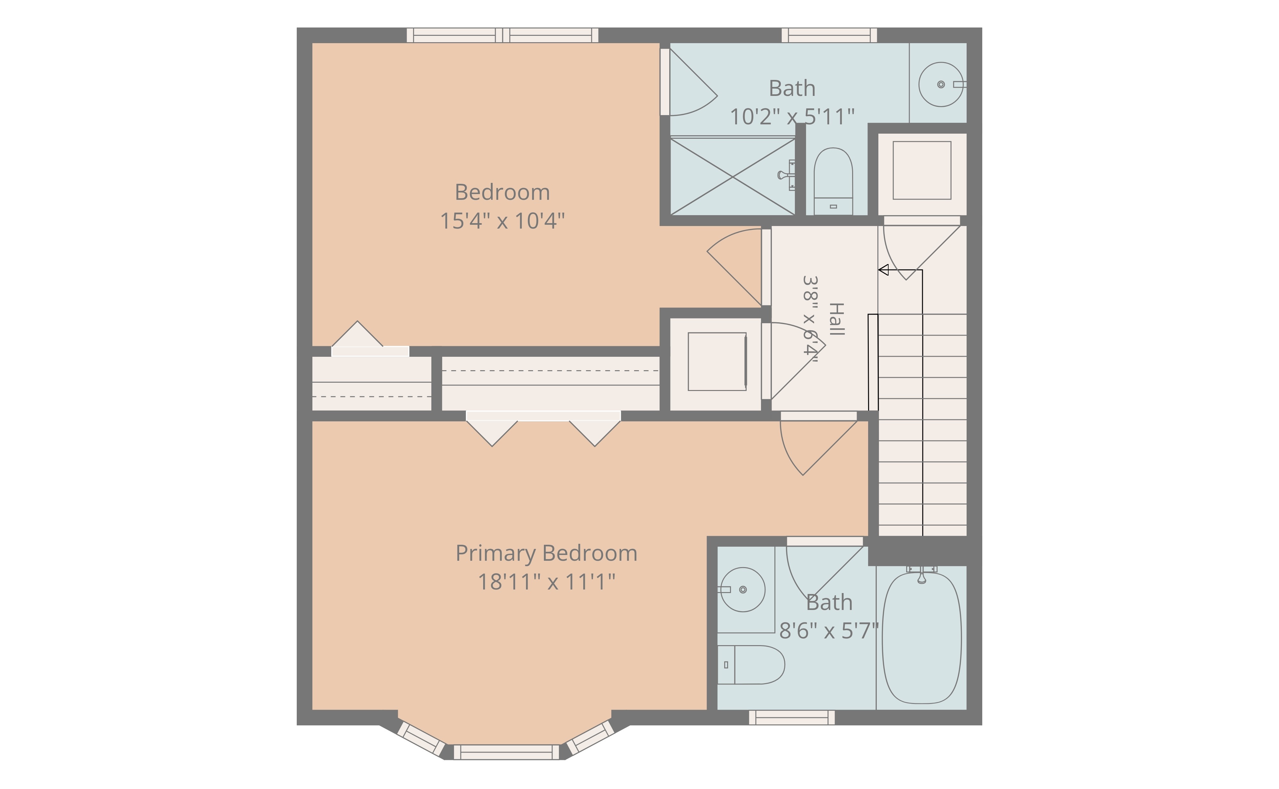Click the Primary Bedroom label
click(x=546, y=554)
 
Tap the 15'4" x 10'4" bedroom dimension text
click(x=503, y=221)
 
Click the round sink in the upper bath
click(x=941, y=84)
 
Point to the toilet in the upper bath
click(x=833, y=181)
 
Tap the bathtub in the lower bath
click(x=922, y=638)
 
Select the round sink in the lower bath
click(x=742, y=590)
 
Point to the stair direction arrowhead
click(x=883, y=270)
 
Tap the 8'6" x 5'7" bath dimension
click(x=829, y=631)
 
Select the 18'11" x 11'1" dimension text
click(x=546, y=582)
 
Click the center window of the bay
click(x=506, y=752)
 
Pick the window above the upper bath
click(x=829, y=35)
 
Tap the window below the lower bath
click(x=792, y=717)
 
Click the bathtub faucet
click(x=922, y=574)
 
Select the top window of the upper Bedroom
click(x=503, y=35)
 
